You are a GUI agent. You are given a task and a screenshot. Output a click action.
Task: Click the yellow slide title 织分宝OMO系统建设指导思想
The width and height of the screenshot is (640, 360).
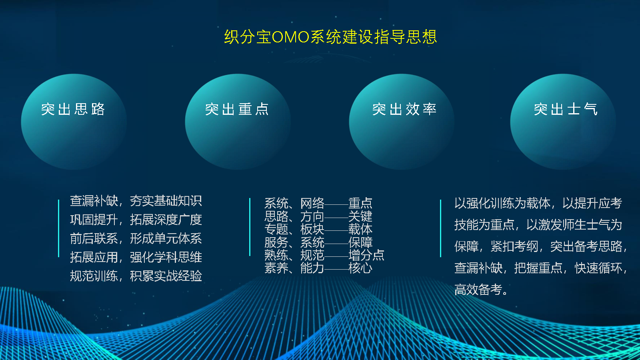click(x=330, y=37)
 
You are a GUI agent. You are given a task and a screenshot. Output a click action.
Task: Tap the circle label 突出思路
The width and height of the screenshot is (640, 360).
click(x=73, y=109)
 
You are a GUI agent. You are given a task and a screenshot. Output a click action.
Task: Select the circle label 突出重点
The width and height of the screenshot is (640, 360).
click(x=237, y=109)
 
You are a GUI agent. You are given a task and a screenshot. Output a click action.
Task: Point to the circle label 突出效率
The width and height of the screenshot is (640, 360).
click(x=404, y=109)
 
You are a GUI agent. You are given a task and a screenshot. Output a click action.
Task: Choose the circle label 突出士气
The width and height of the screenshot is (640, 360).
click(x=566, y=109)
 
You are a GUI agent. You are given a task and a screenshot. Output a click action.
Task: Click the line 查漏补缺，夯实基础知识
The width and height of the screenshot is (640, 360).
click(x=136, y=201)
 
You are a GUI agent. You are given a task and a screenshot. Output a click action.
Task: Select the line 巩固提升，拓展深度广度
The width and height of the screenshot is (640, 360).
click(x=136, y=220)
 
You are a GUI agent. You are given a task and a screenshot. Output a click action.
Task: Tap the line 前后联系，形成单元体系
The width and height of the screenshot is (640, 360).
click(x=136, y=238)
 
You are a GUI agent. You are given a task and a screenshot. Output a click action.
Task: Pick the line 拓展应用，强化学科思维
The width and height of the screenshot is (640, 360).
click(x=136, y=257)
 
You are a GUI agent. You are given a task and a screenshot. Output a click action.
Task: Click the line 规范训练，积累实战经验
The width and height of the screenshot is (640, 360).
click(x=136, y=276)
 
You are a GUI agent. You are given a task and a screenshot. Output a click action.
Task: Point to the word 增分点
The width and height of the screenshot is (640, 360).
click(x=366, y=255)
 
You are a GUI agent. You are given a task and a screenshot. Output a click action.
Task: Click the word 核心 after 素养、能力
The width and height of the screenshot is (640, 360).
click(x=360, y=268)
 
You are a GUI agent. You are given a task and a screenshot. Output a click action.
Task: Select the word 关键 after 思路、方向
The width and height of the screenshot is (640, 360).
click(x=360, y=216)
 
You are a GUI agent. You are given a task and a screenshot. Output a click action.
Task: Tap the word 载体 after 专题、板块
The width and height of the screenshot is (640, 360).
click(x=360, y=229)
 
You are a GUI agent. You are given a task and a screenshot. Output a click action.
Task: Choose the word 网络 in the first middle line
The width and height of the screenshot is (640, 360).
click(x=312, y=204)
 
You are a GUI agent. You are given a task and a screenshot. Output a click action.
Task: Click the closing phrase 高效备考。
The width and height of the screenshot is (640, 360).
click(x=481, y=290)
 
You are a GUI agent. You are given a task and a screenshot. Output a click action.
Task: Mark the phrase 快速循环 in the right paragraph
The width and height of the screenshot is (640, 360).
click(x=598, y=268)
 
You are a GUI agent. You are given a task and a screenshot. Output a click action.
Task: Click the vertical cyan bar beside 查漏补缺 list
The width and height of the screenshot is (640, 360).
click(x=58, y=228)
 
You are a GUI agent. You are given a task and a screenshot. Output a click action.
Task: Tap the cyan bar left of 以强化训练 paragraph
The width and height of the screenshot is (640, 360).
click(x=440, y=228)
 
